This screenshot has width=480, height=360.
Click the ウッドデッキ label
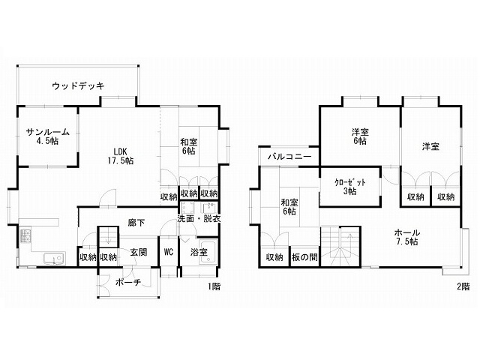[x=78, y=86]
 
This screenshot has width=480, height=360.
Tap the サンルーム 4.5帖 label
[x=48, y=136]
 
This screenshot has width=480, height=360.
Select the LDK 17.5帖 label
[x=120, y=156]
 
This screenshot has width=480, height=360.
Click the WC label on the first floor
[x=169, y=252]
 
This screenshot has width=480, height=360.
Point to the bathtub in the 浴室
[x=208, y=252]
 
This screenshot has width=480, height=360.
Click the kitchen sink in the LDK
[x=54, y=259]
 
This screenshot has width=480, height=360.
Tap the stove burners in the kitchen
[x=25, y=235]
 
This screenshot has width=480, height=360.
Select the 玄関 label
[x=139, y=252]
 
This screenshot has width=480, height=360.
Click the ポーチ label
[x=128, y=282]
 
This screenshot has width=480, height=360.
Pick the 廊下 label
[x=136, y=223]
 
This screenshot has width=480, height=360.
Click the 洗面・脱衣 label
[x=199, y=219]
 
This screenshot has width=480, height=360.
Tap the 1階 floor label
[x=214, y=286]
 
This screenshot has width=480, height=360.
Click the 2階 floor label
[x=463, y=286]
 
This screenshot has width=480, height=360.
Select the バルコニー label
[x=289, y=157]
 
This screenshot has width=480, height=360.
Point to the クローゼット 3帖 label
[x=350, y=187]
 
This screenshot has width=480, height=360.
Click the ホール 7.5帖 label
[x=407, y=237]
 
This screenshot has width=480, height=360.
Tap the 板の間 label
[x=304, y=257]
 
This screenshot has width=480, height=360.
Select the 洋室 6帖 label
[x=360, y=136]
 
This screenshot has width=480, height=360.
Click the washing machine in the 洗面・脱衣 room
[x=187, y=208]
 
